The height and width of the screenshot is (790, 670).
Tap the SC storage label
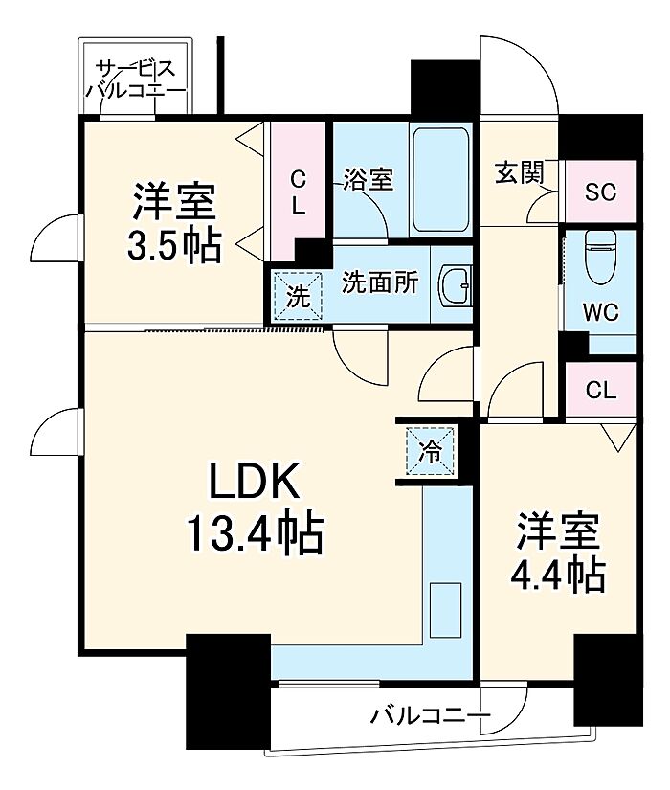pos(600,191)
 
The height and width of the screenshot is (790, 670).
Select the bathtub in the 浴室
pos(440,180)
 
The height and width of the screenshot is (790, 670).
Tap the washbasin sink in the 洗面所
pos(457,284)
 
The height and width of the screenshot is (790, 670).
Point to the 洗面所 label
pos(381,284)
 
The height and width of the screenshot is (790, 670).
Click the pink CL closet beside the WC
pos(601,390)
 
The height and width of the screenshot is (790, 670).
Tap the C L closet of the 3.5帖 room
pos(299,192)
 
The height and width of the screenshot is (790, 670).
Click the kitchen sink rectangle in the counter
pos(445,610)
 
